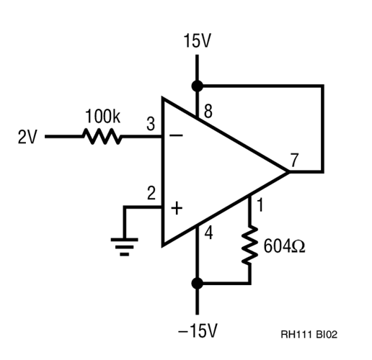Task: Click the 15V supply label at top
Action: point(197,41)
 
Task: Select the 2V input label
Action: point(27,137)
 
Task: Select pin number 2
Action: point(151,193)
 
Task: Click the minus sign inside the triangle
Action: point(175,136)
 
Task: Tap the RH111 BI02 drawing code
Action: point(310,335)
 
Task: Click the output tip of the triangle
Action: point(288,172)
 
